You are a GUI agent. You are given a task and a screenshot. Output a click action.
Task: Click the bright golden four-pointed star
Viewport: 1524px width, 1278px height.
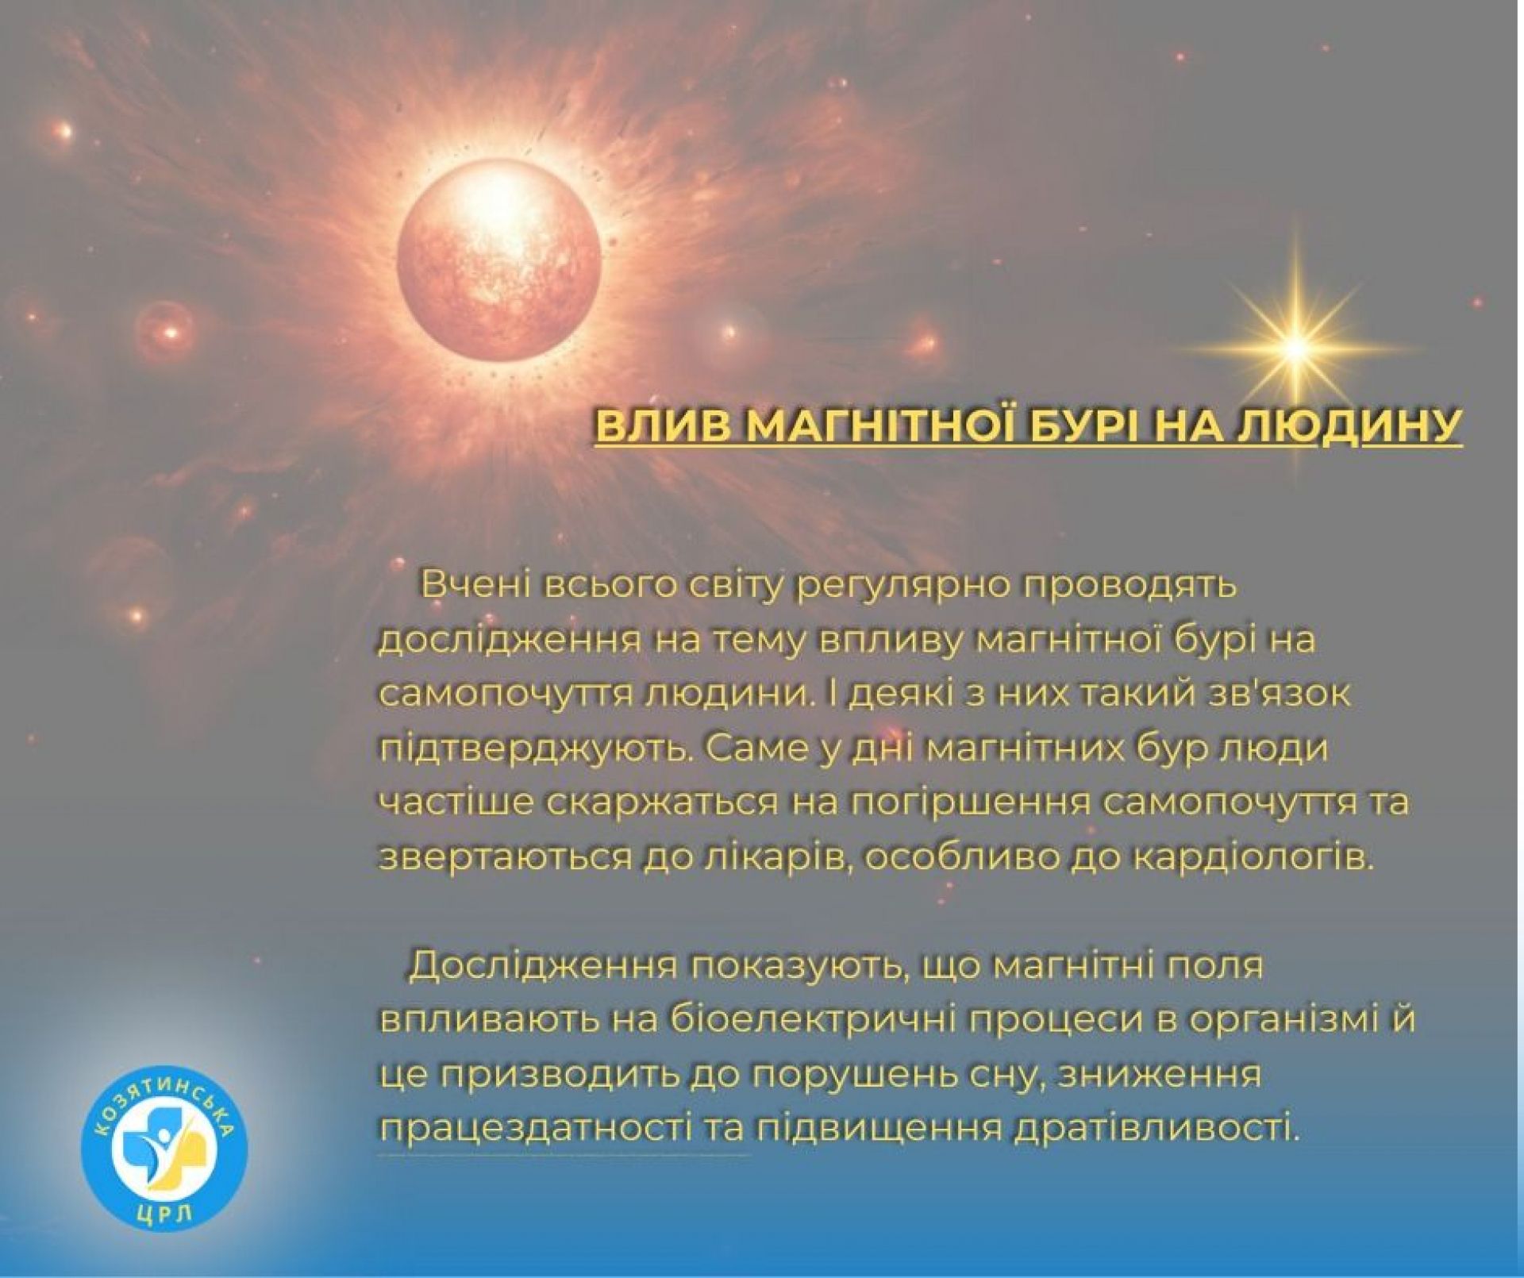[1295, 348]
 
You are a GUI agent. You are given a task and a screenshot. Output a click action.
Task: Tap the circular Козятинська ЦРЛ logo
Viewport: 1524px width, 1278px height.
[165, 1149]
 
